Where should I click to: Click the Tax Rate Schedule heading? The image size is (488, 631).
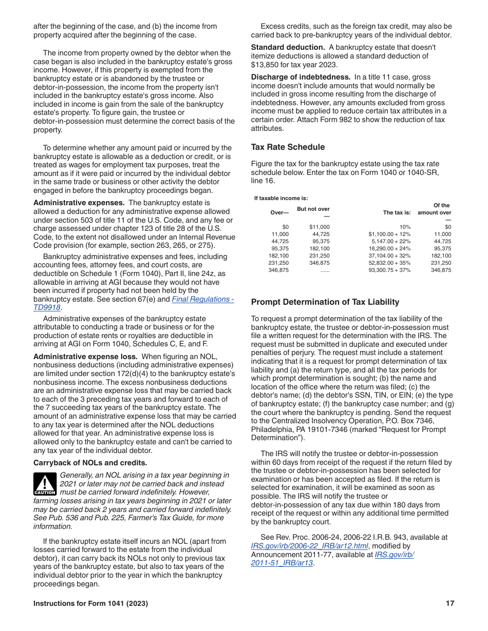[x=288, y=147]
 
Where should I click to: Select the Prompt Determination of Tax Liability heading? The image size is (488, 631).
[x=325, y=302]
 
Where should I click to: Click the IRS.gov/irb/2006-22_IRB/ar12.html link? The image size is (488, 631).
[x=309, y=546]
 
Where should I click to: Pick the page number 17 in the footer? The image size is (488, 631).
[x=450, y=604]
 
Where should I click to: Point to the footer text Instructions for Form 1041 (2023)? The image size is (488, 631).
[x=90, y=604]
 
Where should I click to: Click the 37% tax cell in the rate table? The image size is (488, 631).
[x=389, y=270]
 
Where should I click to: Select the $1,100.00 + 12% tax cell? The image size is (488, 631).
[x=389, y=234]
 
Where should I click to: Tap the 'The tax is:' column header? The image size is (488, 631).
[x=397, y=212]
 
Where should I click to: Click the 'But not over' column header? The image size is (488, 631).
[x=313, y=209]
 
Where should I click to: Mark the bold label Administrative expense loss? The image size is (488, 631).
[x=85, y=357]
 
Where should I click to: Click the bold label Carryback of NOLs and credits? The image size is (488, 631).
[x=90, y=463]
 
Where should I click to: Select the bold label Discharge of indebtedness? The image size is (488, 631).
[x=301, y=77]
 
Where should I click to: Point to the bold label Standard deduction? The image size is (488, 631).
[x=288, y=47]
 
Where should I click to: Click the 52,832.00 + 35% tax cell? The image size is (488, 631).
[x=389, y=263]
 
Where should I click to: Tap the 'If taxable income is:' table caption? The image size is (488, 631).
[x=281, y=198]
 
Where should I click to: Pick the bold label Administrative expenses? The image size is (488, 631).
[x=79, y=203]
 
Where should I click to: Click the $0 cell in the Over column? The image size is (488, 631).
[x=286, y=227]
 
